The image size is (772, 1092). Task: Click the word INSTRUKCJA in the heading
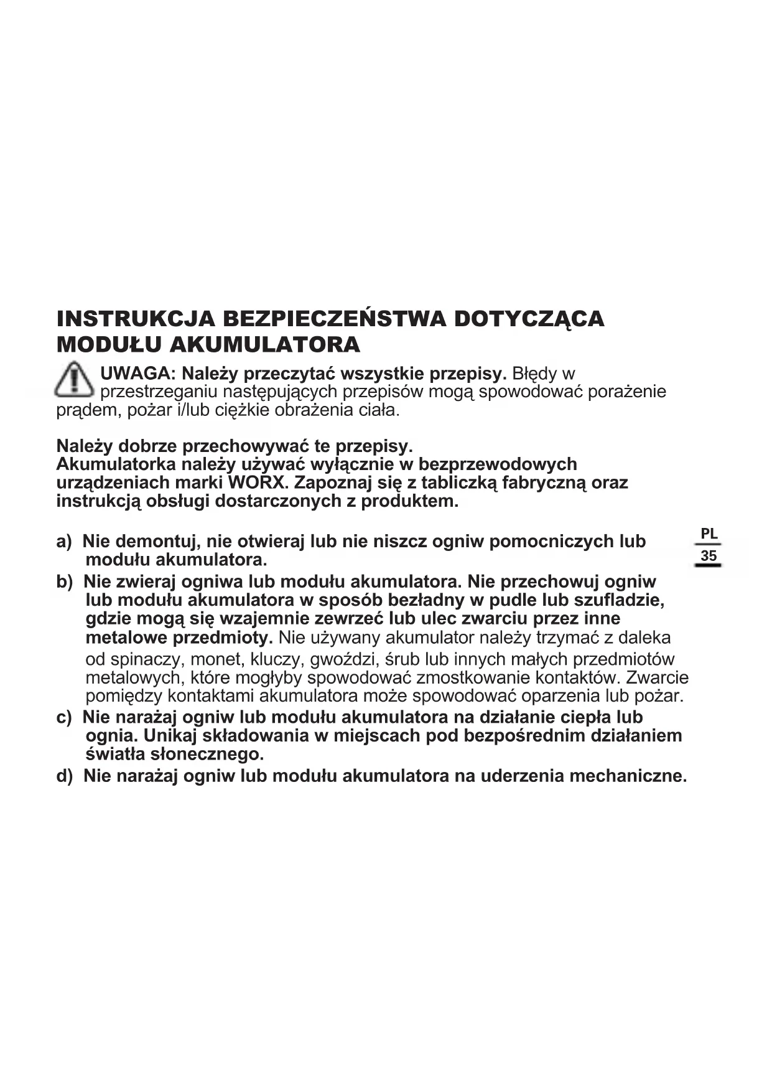[135, 319]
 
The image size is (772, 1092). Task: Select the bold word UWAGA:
[139, 374]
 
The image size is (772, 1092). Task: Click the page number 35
[709, 556]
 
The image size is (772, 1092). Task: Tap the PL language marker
[709, 534]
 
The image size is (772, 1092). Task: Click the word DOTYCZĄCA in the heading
[529, 319]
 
